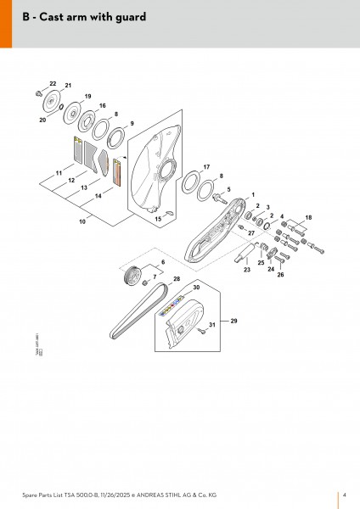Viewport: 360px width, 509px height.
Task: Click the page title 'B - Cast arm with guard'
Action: click(76, 17)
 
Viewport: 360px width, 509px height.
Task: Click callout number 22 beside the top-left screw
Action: click(53, 83)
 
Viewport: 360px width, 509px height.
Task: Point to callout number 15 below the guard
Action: click(158, 219)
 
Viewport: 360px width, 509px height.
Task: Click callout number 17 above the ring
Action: click(206, 167)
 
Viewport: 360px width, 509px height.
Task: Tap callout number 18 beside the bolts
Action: click(307, 218)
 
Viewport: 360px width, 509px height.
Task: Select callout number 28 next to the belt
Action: click(177, 278)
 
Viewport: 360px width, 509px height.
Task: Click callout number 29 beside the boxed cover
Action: click(234, 321)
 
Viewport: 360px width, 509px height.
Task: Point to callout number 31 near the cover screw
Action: click(212, 326)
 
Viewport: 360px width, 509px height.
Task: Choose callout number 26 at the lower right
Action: click(281, 275)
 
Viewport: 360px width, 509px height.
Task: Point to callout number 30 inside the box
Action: click(196, 288)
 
